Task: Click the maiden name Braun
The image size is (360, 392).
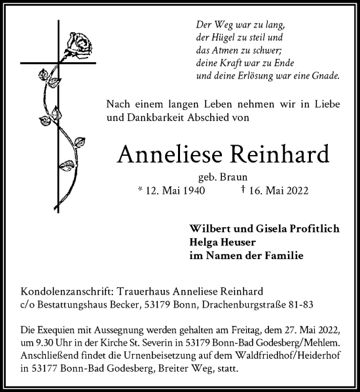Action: tap(237, 177)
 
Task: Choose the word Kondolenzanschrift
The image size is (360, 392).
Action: tap(62, 291)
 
